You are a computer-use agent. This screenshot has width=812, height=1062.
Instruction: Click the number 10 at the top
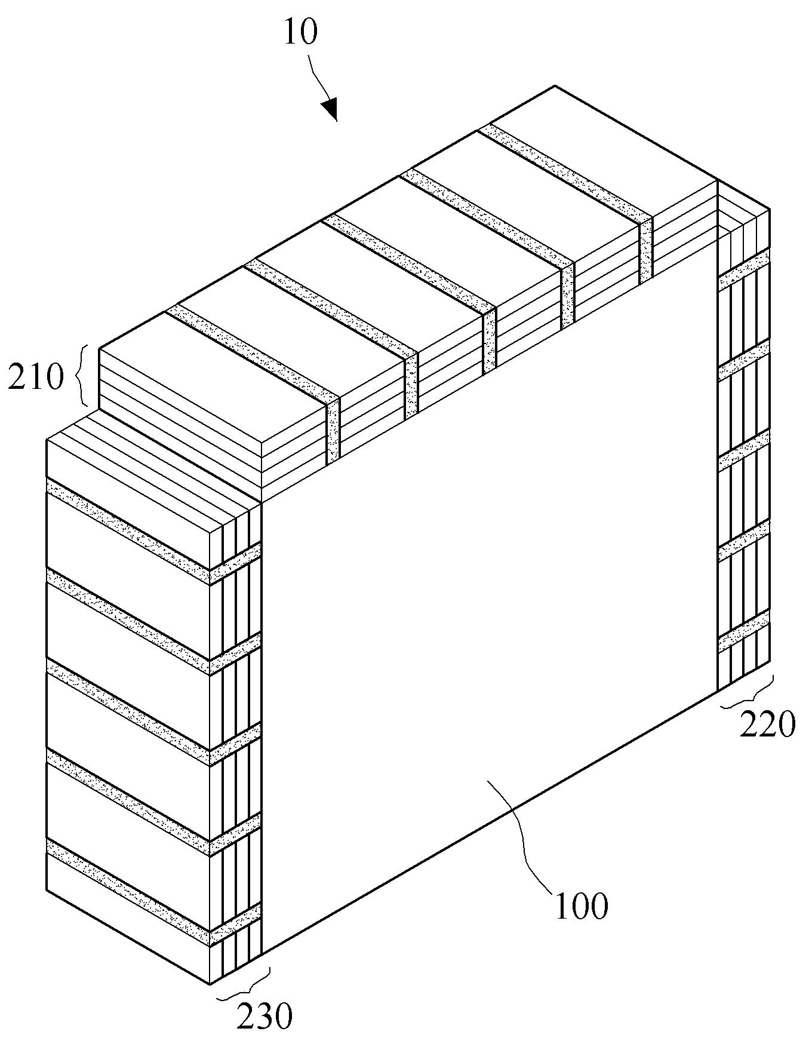tap(300, 33)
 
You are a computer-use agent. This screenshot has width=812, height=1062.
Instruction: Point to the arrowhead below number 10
tap(330, 110)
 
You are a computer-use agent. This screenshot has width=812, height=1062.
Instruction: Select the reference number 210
tap(35, 377)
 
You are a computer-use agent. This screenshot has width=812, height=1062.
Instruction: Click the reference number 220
tap(768, 725)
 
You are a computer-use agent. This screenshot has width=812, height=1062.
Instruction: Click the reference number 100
tap(582, 907)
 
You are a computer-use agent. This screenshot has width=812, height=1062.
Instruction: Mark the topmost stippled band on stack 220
tap(743, 270)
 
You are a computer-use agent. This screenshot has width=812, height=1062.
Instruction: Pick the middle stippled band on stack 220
tap(743, 451)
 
